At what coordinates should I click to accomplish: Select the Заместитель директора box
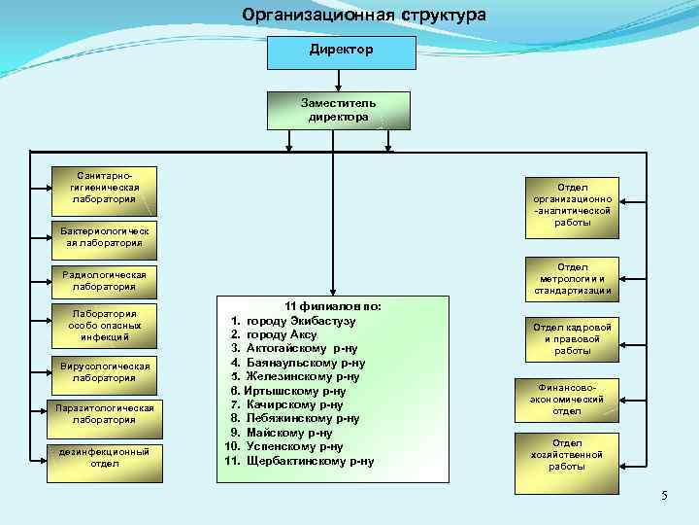pos(338,110)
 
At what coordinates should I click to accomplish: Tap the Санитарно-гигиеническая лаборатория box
pos(104,187)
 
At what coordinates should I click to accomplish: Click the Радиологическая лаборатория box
pos(104,281)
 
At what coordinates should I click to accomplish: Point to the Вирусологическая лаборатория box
pos(104,371)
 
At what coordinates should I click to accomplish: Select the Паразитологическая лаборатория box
pos(104,413)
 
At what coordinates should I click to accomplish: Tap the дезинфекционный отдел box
pos(104,457)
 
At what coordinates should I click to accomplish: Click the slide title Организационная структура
pos(364,16)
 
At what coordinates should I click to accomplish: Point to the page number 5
pos(664,497)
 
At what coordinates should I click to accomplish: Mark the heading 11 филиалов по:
pos(332,306)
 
